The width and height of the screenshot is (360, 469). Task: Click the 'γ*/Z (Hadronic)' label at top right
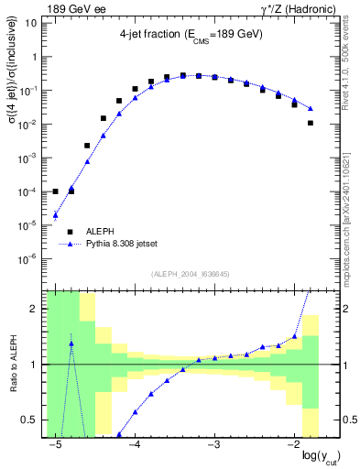[285, 8]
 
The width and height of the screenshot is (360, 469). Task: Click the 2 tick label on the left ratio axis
[36, 310]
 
